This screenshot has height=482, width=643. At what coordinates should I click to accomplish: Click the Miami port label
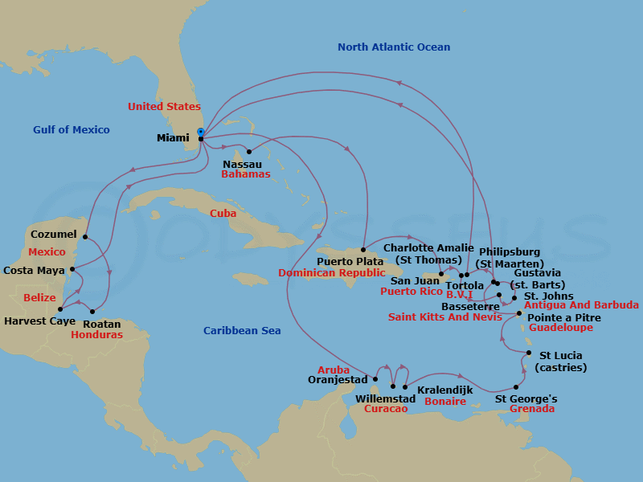coord(173,138)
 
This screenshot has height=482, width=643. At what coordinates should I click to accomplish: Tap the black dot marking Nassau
coord(249,151)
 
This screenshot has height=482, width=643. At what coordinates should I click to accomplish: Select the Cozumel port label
coord(53,235)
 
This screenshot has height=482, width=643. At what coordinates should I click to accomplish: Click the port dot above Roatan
coord(93,312)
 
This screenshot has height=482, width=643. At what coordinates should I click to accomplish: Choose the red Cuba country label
coord(223,214)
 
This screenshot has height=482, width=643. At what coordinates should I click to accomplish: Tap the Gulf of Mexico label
coord(71,130)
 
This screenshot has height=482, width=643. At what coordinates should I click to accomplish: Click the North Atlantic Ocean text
coord(394,47)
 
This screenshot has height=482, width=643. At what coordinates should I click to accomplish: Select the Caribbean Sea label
coord(242,331)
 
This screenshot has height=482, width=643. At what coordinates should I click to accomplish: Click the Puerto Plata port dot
coord(363,249)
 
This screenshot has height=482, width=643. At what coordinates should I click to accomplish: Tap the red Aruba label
coord(333,370)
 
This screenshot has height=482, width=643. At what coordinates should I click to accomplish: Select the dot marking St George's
coord(515,387)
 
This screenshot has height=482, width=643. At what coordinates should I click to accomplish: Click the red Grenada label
coord(532,409)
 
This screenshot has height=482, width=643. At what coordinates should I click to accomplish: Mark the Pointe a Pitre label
coord(563,318)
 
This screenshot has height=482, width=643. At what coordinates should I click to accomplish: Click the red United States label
coord(164,107)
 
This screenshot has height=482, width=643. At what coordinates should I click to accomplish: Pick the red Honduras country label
coord(96,335)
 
